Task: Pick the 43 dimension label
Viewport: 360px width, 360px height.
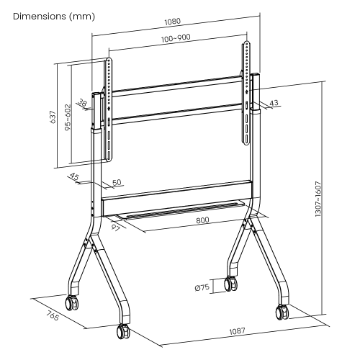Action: coord(274,103)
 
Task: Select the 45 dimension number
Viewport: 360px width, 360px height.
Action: coord(75,176)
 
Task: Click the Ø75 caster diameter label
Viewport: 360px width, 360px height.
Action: coord(202,287)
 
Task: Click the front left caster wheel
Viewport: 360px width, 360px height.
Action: coord(121,333)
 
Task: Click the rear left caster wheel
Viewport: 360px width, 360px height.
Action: coord(72,303)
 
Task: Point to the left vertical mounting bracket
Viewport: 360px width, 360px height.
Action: coord(109,108)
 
